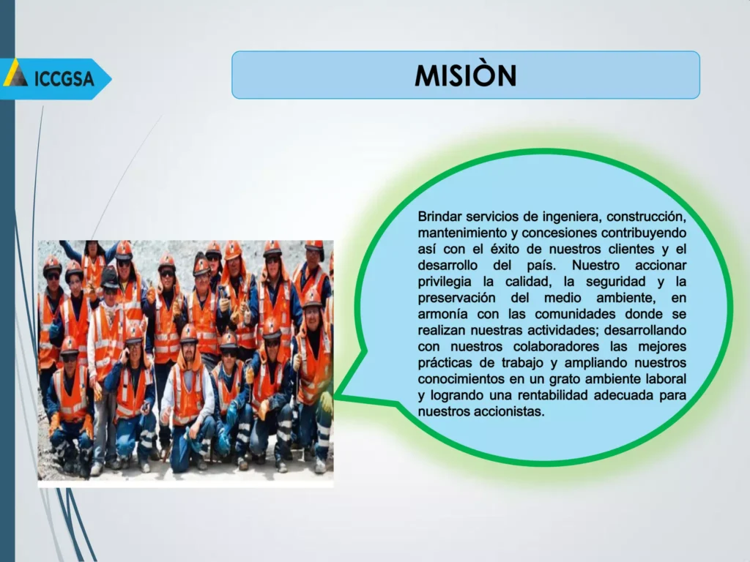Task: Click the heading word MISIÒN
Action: coord(465,75)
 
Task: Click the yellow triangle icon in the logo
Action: coord(15,73)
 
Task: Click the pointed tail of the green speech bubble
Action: coord(335,397)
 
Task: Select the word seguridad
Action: coord(616,282)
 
